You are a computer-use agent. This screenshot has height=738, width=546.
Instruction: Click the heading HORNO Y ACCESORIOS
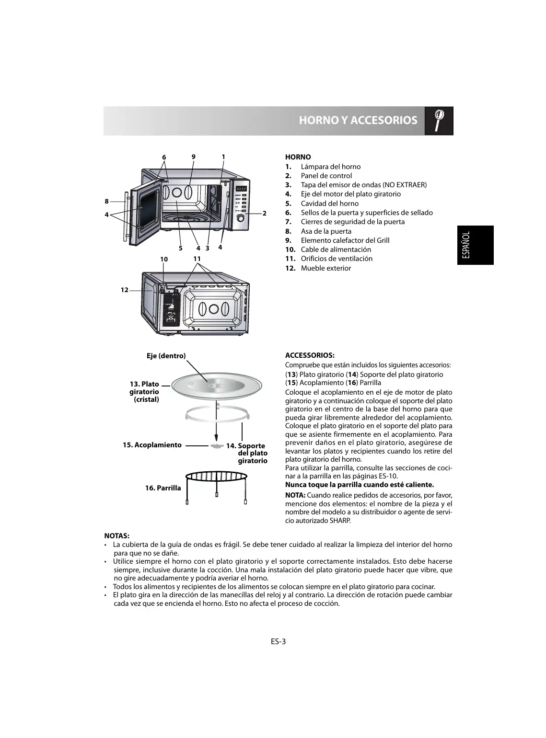(x=358, y=120)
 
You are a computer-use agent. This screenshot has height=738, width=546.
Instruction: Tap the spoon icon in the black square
(x=439, y=120)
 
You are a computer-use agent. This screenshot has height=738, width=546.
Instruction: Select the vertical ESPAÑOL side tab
(x=475, y=245)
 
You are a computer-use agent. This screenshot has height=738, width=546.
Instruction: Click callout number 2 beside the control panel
(x=264, y=213)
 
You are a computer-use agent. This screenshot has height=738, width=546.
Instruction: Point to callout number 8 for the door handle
(x=106, y=201)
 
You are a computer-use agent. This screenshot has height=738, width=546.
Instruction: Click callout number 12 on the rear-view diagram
(x=124, y=290)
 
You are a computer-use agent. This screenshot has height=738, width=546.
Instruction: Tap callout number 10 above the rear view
(x=164, y=259)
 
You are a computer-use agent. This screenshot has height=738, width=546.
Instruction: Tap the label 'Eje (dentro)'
(x=166, y=355)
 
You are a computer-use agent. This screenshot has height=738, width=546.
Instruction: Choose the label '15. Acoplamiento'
(x=152, y=445)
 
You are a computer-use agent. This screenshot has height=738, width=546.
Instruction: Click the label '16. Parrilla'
(x=163, y=488)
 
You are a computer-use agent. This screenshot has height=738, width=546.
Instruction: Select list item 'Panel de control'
(x=326, y=176)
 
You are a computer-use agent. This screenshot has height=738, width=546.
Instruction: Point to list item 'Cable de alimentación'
(x=336, y=250)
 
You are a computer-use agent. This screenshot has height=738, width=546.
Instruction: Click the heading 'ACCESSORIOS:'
(x=310, y=355)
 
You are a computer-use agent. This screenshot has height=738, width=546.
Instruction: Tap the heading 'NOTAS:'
(x=117, y=535)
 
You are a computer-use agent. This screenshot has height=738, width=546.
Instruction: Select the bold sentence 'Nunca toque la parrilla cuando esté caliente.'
(x=359, y=485)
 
